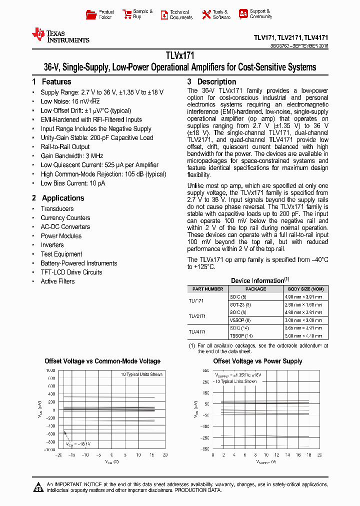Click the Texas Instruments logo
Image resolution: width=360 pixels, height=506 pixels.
point(60,35)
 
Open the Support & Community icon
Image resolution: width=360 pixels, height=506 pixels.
point(243,14)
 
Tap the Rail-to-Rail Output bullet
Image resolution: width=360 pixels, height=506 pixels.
point(65,147)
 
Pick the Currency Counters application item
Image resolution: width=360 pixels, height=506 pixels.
point(65,218)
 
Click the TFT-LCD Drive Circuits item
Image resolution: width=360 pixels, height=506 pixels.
point(71,272)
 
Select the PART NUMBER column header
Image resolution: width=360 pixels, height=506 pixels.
point(207,289)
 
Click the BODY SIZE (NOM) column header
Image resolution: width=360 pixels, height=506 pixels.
point(305,289)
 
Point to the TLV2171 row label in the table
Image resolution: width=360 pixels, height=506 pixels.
point(197,316)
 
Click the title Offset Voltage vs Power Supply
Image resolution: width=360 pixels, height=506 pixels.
point(257,361)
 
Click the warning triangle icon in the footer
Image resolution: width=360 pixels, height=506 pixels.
point(38,486)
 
